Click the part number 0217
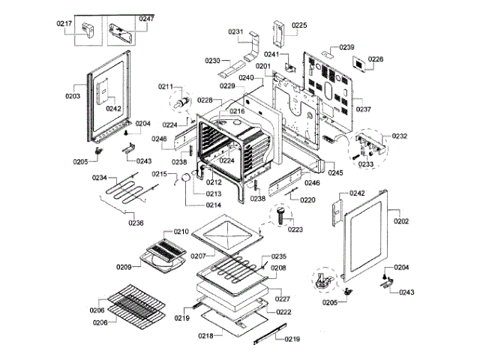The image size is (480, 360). click(64, 23)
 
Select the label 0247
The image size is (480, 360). click(145, 17)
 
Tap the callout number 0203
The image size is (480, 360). click(73, 96)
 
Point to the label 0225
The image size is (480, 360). click(299, 25)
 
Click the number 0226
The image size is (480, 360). click(376, 59)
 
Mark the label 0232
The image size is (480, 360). click(399, 136)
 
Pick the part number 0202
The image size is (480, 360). click(401, 221)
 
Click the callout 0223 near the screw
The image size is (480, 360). click(295, 229)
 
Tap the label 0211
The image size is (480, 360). click(165, 86)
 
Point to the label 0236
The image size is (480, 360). click(136, 223)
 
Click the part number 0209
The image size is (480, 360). click(124, 265)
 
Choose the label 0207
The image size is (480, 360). click(198, 256)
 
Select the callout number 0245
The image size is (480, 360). click(335, 173)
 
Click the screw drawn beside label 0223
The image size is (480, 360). click(280, 217)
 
